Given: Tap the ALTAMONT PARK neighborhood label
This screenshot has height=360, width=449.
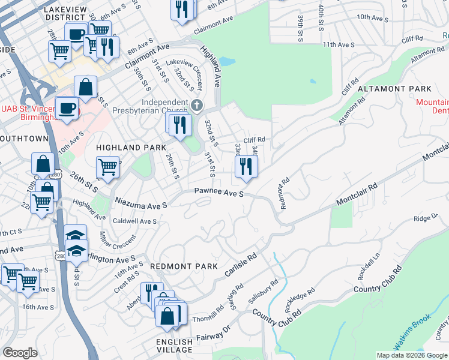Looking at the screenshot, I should tap(387, 88).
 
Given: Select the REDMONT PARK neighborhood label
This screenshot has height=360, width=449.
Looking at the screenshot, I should tap(178, 266).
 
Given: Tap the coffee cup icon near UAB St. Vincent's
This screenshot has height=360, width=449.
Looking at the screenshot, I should tap(67, 108).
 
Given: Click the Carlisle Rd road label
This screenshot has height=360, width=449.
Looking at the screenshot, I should tap(241, 265).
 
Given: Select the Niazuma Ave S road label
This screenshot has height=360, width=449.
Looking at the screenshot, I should tap(141, 205).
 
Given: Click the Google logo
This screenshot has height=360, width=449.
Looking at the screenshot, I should tap(20, 353).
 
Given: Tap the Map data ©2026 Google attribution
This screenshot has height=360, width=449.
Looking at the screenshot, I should tap(412, 355).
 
